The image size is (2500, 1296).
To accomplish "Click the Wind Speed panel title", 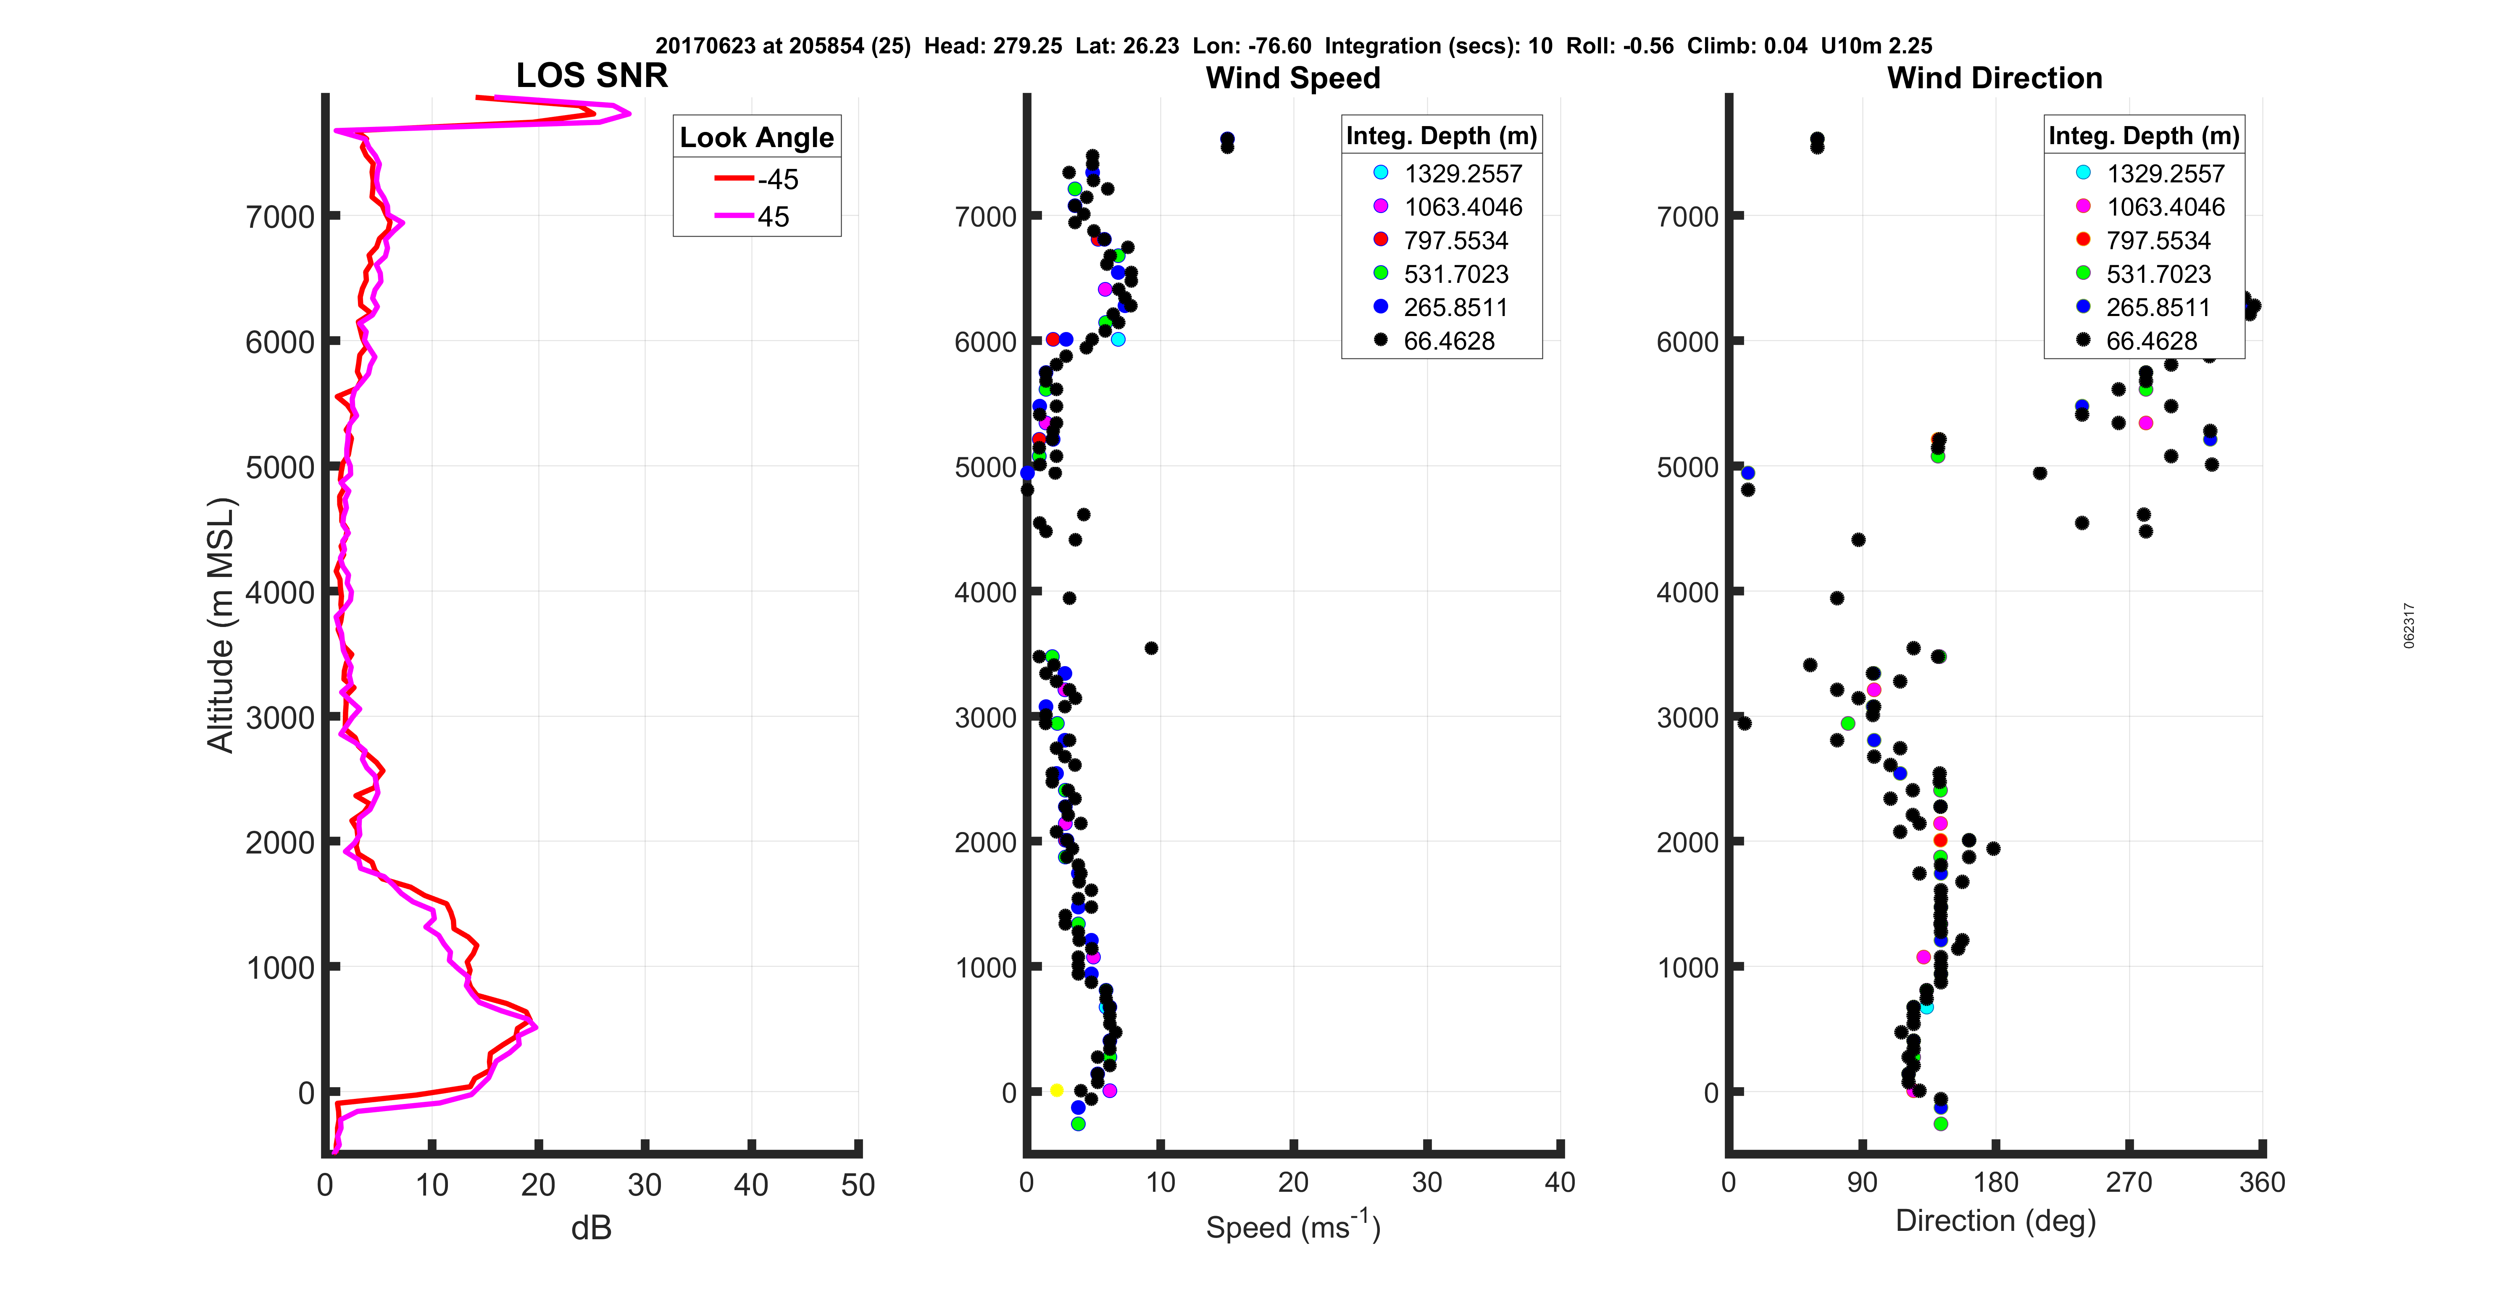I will [1293, 78].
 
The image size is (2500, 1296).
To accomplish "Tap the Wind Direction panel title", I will [1995, 78].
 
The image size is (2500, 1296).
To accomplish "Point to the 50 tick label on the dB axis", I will [858, 1185].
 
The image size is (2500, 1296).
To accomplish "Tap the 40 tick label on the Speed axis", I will [1560, 1183].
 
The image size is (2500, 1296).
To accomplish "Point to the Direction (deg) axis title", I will [1995, 1221].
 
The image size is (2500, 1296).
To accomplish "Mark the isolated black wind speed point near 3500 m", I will [1151, 648].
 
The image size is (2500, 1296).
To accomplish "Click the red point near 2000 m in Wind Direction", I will [1940, 840].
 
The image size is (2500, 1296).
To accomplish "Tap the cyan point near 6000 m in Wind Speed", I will [1118, 339].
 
